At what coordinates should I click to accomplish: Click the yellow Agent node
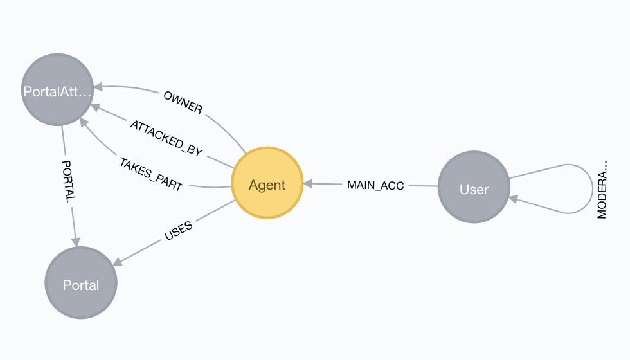point(267,183)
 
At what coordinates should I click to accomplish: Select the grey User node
point(474,187)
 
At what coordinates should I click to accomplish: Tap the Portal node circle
point(81,282)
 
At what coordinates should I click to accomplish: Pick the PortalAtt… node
point(57,89)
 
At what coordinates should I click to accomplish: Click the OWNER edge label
point(183,102)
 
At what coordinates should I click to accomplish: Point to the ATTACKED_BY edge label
point(166,138)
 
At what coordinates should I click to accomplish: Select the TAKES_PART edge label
point(152,174)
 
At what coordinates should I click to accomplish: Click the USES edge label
point(179,231)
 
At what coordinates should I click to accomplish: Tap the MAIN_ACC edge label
point(375,185)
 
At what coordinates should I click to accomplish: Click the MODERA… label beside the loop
point(602,190)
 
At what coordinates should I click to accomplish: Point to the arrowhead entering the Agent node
point(308,184)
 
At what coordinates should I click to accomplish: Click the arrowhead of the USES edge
point(117,262)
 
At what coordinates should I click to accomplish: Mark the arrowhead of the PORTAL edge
point(76,242)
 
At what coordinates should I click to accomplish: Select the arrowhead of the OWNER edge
point(98,86)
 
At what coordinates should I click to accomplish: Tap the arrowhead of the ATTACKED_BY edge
point(95,107)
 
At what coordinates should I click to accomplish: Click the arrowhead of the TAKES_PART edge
point(84,122)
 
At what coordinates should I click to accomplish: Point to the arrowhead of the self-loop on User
point(514,199)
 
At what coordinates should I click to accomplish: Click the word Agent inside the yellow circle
point(267,185)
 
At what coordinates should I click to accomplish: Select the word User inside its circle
point(474,189)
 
